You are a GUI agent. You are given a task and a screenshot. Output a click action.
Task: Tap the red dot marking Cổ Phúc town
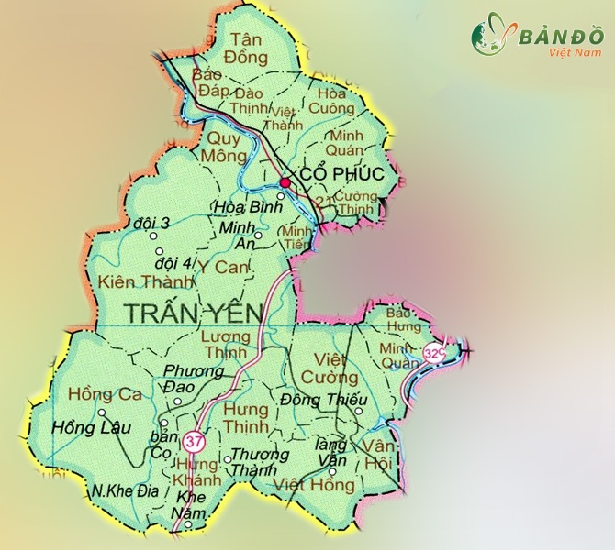point(285,183)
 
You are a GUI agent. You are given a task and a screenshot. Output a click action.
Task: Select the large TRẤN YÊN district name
point(193,313)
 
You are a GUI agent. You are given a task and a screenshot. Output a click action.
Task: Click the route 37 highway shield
point(193,441)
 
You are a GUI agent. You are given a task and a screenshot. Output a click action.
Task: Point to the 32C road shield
point(435,351)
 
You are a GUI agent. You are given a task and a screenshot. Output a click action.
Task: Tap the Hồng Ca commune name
point(103,395)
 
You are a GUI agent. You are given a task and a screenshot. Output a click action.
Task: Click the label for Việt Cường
point(330,368)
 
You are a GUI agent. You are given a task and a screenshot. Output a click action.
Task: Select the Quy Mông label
point(224,148)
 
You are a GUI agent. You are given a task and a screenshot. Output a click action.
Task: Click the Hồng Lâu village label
point(92,428)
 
